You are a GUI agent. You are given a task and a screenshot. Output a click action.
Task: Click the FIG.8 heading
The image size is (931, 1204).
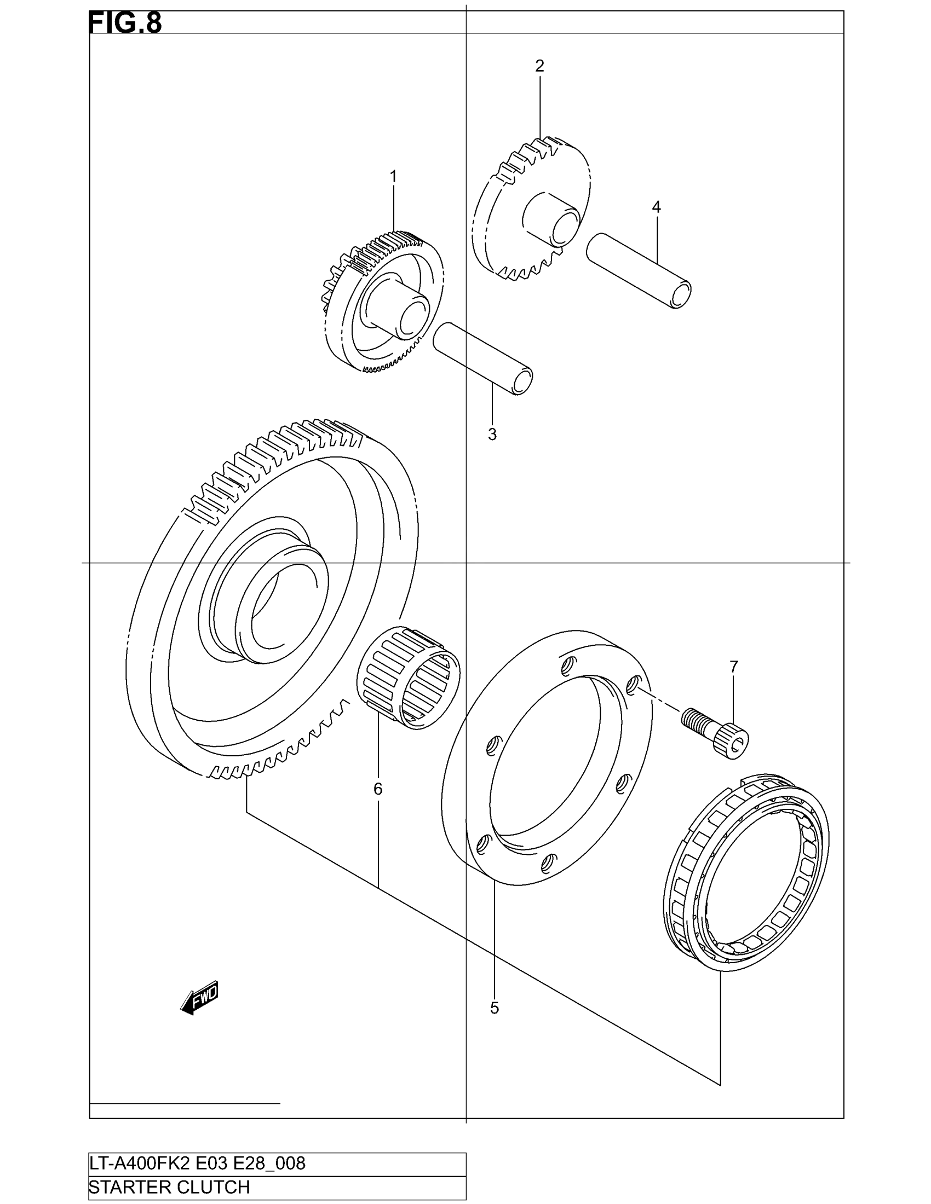125,24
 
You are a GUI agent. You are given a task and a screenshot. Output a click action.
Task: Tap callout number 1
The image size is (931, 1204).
393,176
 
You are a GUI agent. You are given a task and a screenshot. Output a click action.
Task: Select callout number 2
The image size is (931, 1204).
539,66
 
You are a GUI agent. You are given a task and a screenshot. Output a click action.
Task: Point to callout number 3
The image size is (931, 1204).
492,435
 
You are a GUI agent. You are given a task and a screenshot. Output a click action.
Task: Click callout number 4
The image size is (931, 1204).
656,207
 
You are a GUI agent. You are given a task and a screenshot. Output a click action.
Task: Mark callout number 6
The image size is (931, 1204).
378,789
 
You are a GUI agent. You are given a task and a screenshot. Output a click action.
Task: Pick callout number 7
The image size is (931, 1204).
733,667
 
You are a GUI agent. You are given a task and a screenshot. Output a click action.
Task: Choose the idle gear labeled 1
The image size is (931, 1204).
383,300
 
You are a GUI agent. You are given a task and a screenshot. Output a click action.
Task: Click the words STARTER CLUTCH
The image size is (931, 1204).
169,1188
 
